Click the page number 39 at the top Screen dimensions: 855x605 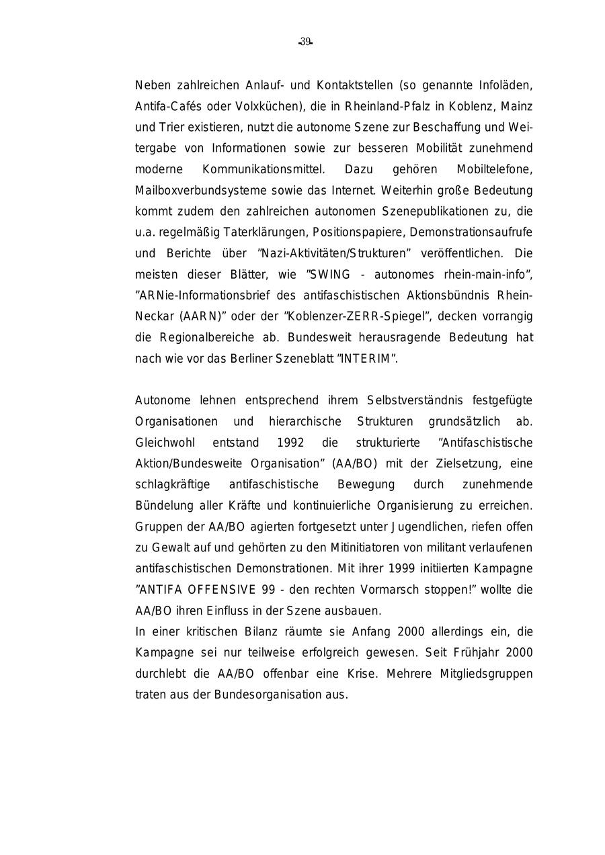pyautogui.click(x=305, y=42)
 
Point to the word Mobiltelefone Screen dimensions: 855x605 pyautogui.click(x=494, y=169)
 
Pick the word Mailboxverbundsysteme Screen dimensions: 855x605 pyautogui.click(x=190, y=190)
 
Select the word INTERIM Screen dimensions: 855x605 pyautogui.click(x=366, y=358)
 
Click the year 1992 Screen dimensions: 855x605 pyautogui.click(x=290, y=443)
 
